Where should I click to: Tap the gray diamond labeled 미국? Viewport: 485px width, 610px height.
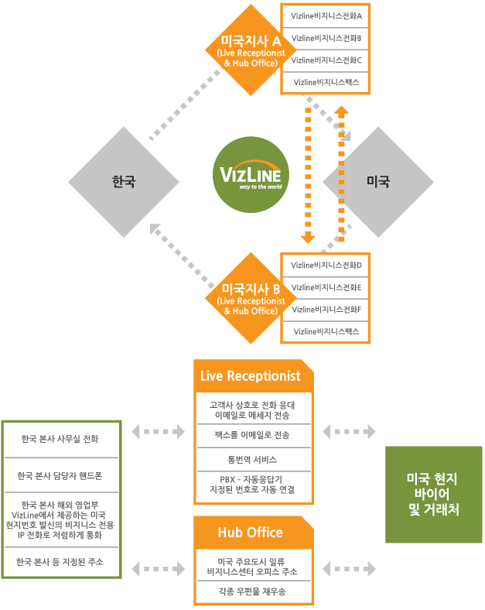tap(378, 182)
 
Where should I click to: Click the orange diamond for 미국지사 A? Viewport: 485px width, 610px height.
tap(248, 49)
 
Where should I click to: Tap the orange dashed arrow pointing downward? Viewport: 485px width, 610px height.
tap(308, 174)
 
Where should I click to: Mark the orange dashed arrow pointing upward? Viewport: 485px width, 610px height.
tap(341, 174)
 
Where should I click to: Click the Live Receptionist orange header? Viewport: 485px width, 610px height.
tap(251, 376)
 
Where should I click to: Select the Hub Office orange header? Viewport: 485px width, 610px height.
tap(251, 533)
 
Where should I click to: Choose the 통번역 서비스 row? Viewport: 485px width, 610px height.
tap(253, 459)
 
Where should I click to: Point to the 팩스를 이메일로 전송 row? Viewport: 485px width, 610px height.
tap(253, 436)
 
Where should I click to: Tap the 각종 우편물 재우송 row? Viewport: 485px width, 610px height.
tap(253, 591)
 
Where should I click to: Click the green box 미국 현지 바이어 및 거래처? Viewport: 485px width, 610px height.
tap(433, 494)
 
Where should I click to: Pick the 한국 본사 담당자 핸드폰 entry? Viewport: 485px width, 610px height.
tap(61, 475)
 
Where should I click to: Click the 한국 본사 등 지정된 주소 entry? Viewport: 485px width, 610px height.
tap(61, 561)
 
